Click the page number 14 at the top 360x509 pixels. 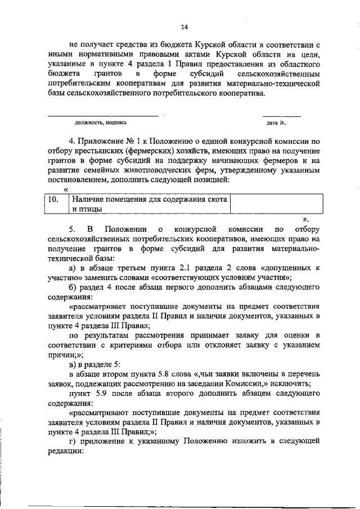[184, 26]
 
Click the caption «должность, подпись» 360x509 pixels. [101, 122]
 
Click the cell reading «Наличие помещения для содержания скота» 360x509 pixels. [148, 199]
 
